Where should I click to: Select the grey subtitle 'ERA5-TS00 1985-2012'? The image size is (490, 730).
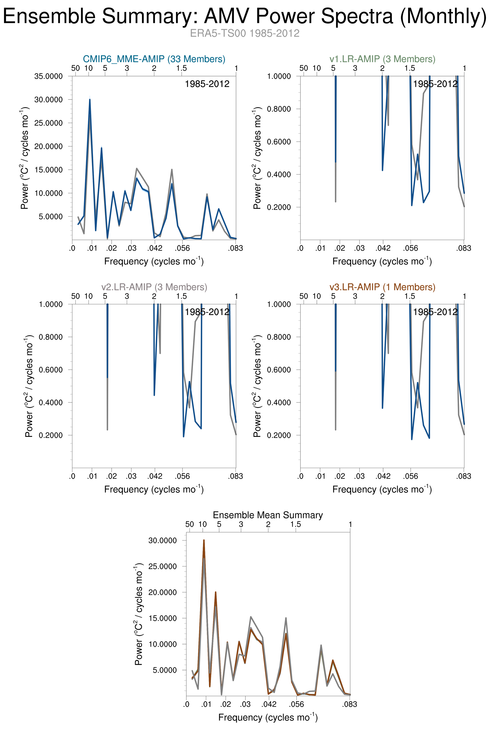[x=245, y=33]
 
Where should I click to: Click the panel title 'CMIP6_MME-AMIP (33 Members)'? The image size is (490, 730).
[x=154, y=59]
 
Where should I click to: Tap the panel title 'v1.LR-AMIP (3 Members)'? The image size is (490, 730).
[x=382, y=59]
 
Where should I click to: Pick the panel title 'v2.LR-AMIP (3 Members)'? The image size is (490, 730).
[x=154, y=287]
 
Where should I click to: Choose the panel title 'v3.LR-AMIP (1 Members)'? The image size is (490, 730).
[x=382, y=287]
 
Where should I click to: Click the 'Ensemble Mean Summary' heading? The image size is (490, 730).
[x=268, y=515]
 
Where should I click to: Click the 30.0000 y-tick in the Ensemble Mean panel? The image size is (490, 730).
[x=162, y=540]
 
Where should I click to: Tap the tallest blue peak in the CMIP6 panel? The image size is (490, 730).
[x=90, y=100]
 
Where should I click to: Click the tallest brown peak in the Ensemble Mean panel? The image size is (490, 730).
[x=204, y=540]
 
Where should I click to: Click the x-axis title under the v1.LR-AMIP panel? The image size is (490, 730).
[x=382, y=261]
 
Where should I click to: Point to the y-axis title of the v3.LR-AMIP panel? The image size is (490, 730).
[x=257, y=386]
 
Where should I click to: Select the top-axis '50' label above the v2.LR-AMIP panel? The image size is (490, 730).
[x=75, y=296]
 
